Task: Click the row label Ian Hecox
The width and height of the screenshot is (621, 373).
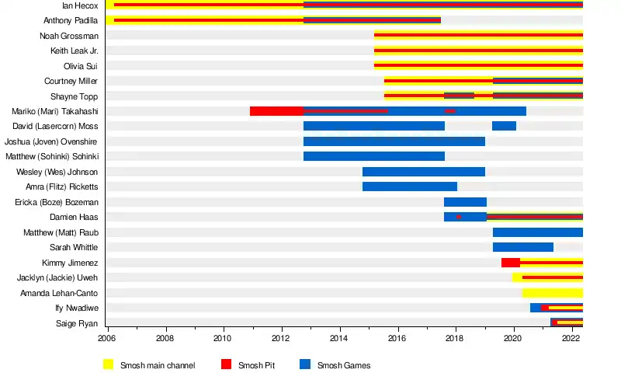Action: [x=80, y=5]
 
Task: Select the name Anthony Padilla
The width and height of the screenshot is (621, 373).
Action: [x=71, y=20]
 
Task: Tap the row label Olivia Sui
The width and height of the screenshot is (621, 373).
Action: [x=81, y=66]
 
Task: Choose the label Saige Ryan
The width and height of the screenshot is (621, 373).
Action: [x=77, y=323]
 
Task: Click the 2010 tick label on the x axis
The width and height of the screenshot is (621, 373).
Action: [x=223, y=339]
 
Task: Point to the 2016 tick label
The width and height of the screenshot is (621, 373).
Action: [x=397, y=339]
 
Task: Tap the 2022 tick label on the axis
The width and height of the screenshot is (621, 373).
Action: [x=571, y=339]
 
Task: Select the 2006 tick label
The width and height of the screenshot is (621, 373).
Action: [x=106, y=339]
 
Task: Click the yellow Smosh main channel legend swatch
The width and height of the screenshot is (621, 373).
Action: [x=109, y=364]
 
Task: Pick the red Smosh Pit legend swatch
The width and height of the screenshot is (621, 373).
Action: [x=227, y=364]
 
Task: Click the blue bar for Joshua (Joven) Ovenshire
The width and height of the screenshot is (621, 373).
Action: [x=394, y=141]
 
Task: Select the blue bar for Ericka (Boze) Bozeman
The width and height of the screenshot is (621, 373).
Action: [x=465, y=202]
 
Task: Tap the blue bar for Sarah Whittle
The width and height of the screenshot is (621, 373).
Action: [x=522, y=247]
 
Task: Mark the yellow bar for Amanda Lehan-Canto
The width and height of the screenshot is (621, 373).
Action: [x=552, y=293]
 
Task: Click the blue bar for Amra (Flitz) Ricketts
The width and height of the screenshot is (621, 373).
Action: [x=409, y=186]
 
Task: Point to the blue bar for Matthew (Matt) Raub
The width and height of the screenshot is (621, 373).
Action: [x=537, y=232]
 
